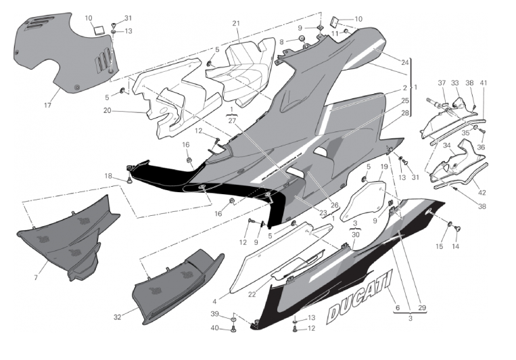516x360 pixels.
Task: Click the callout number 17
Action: tap(47, 105)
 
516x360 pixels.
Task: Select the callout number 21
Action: tap(236, 24)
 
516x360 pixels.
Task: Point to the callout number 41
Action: tap(484, 83)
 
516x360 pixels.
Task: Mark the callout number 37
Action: tap(441, 83)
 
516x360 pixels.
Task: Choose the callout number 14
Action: tap(455, 246)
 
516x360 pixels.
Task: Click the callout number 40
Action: tap(215, 328)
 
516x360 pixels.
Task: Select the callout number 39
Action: tap(215, 315)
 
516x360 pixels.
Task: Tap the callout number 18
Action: tap(108, 175)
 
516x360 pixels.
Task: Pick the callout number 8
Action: tap(283, 42)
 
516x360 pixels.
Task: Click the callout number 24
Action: tap(404, 63)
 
